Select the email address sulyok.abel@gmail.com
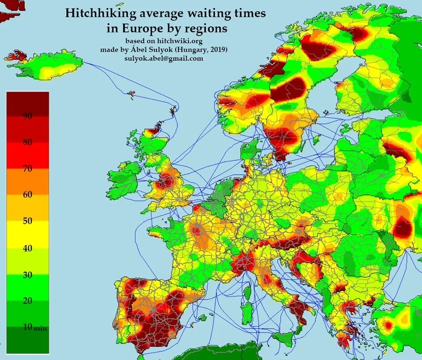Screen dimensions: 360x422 164,58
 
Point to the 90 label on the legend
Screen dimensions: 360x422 27,116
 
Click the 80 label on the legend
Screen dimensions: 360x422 27,142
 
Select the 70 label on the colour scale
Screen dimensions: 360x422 27,168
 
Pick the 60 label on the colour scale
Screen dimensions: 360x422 27,195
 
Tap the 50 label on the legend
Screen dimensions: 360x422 27,221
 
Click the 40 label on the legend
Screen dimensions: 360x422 27,247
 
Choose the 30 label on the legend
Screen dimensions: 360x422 27,274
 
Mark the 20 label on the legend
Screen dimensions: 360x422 27,300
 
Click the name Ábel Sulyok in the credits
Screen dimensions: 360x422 153,49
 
